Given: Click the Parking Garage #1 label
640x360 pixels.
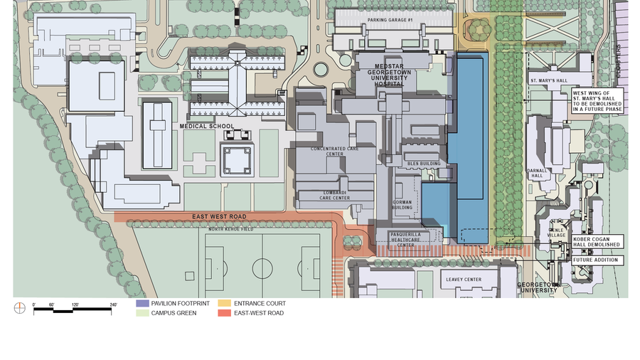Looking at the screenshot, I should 390,20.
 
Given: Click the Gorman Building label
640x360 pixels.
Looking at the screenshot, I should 402,205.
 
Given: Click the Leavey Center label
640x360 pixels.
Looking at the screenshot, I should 463,280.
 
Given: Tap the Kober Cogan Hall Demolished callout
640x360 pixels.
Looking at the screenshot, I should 596,241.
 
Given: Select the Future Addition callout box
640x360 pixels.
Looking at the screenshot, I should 596,260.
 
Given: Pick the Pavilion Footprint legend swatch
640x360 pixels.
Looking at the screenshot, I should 142,304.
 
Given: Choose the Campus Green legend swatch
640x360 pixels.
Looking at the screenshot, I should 142,313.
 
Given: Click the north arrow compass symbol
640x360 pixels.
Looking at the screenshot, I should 19,308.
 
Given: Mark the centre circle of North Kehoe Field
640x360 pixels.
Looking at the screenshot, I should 262,268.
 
